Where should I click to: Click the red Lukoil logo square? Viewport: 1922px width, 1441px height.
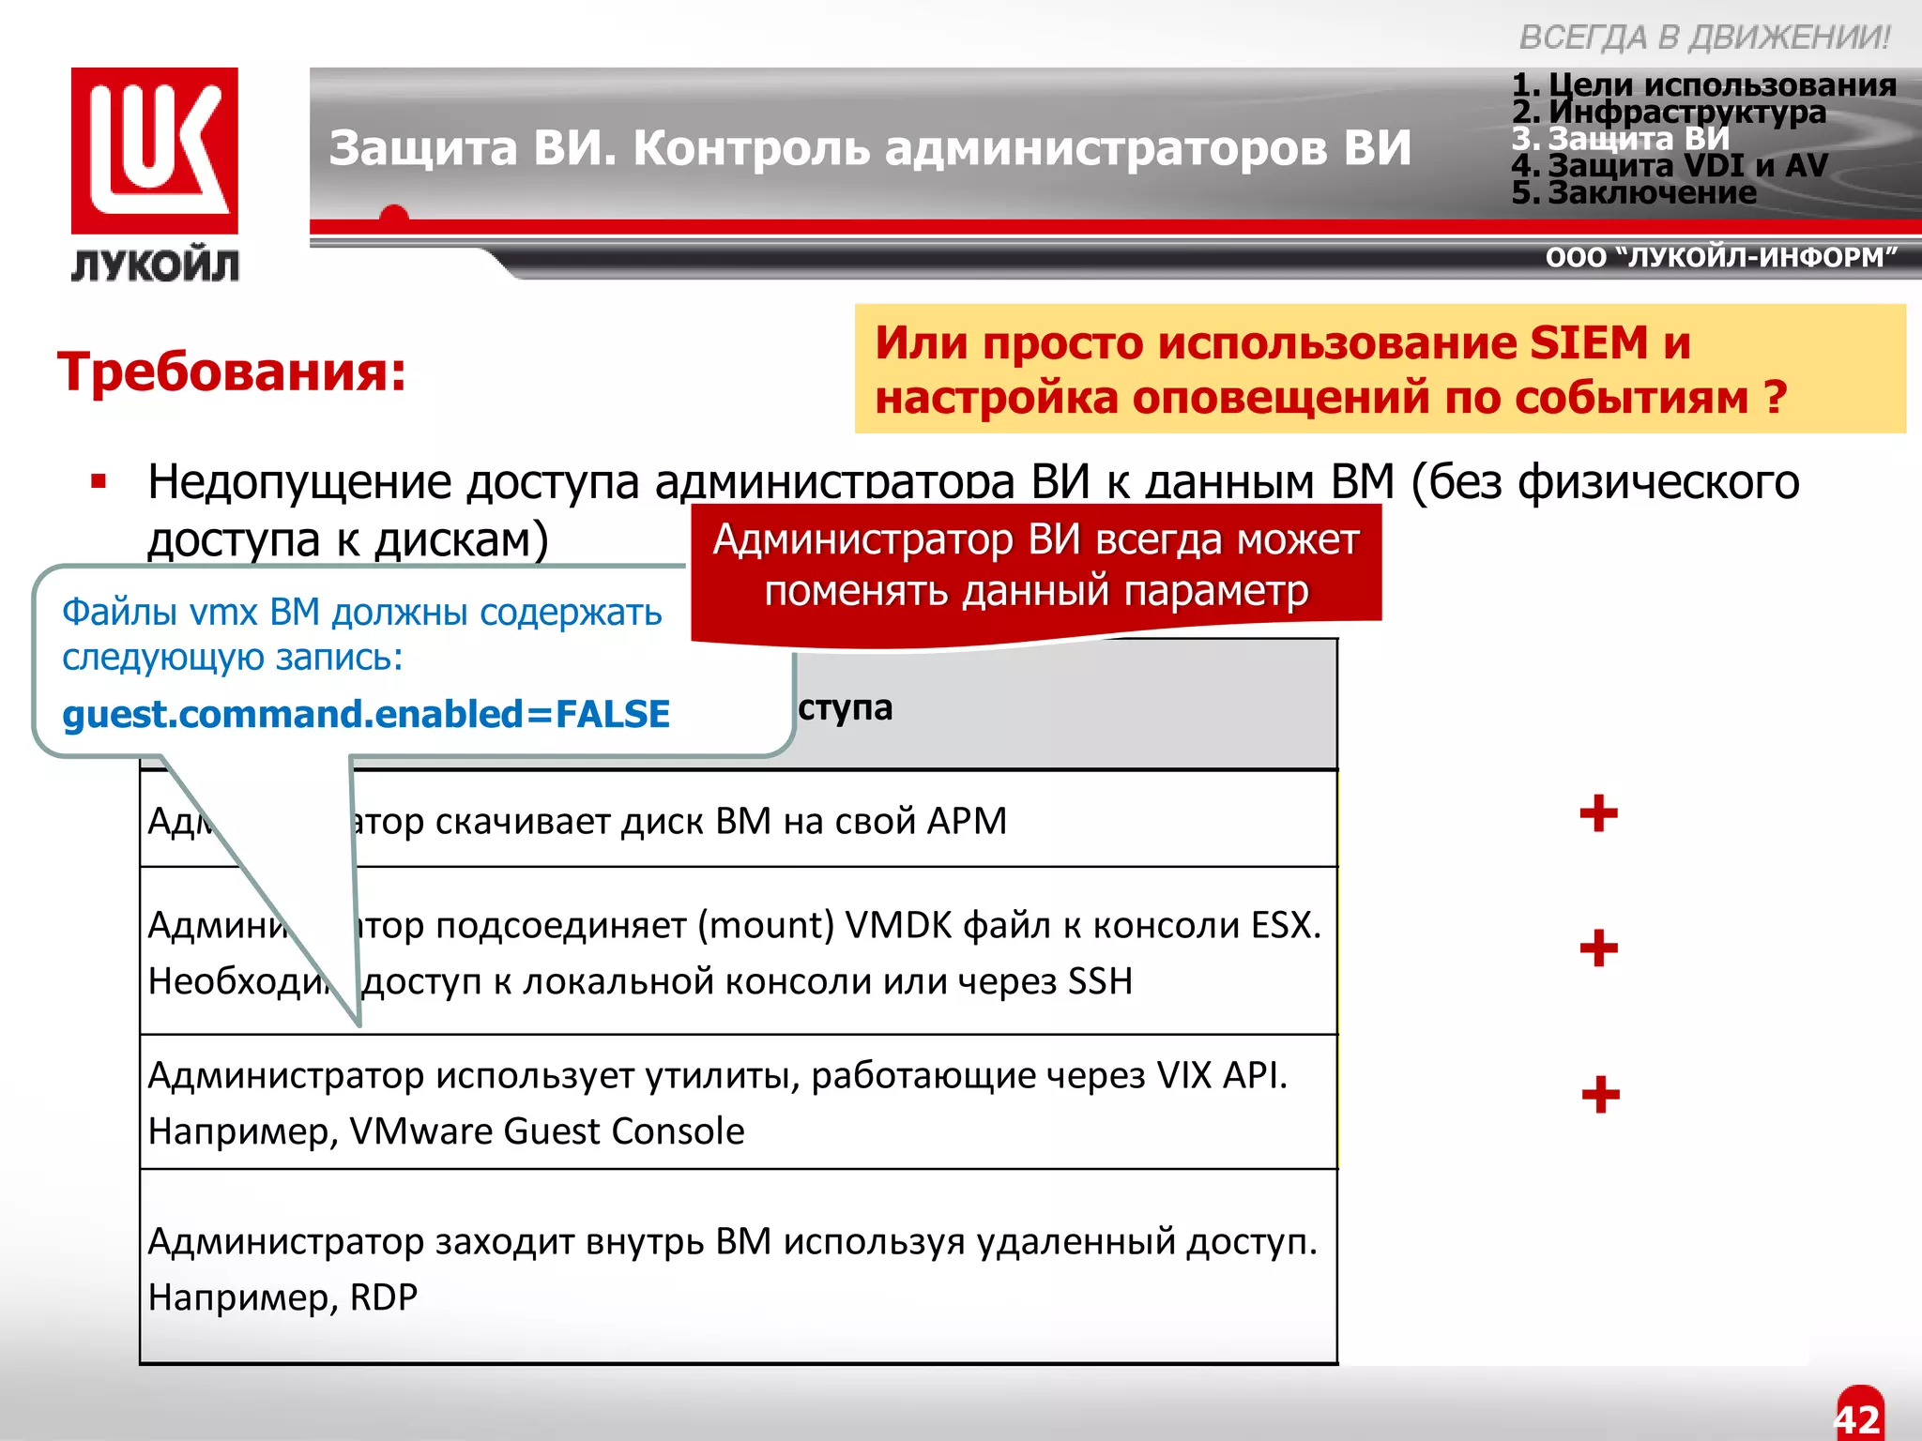click(x=154, y=150)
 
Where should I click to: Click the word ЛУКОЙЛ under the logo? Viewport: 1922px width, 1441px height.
click(x=155, y=266)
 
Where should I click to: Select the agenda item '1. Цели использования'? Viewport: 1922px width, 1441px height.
click(x=1703, y=85)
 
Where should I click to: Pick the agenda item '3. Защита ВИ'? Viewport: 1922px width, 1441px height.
click(x=1621, y=139)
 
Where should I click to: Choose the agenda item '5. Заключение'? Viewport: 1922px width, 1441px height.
click(x=1634, y=193)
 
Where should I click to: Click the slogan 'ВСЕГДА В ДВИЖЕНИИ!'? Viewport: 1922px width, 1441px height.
click(x=1703, y=38)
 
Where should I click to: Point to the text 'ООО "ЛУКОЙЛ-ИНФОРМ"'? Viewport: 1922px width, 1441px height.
click(x=1721, y=257)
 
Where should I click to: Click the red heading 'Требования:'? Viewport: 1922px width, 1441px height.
click(x=232, y=372)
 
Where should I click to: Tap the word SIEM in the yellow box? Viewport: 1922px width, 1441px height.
click(x=1588, y=342)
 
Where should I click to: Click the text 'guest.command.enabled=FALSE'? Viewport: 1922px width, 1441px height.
click(x=366, y=715)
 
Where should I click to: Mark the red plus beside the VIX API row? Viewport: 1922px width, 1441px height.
click(x=1600, y=1094)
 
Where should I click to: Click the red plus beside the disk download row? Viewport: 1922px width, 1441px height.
click(x=1598, y=813)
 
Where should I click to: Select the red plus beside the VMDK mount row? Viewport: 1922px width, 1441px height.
click(x=1598, y=948)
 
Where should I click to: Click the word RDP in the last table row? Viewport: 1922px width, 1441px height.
click(x=383, y=1297)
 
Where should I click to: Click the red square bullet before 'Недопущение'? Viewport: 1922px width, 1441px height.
click(x=99, y=482)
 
